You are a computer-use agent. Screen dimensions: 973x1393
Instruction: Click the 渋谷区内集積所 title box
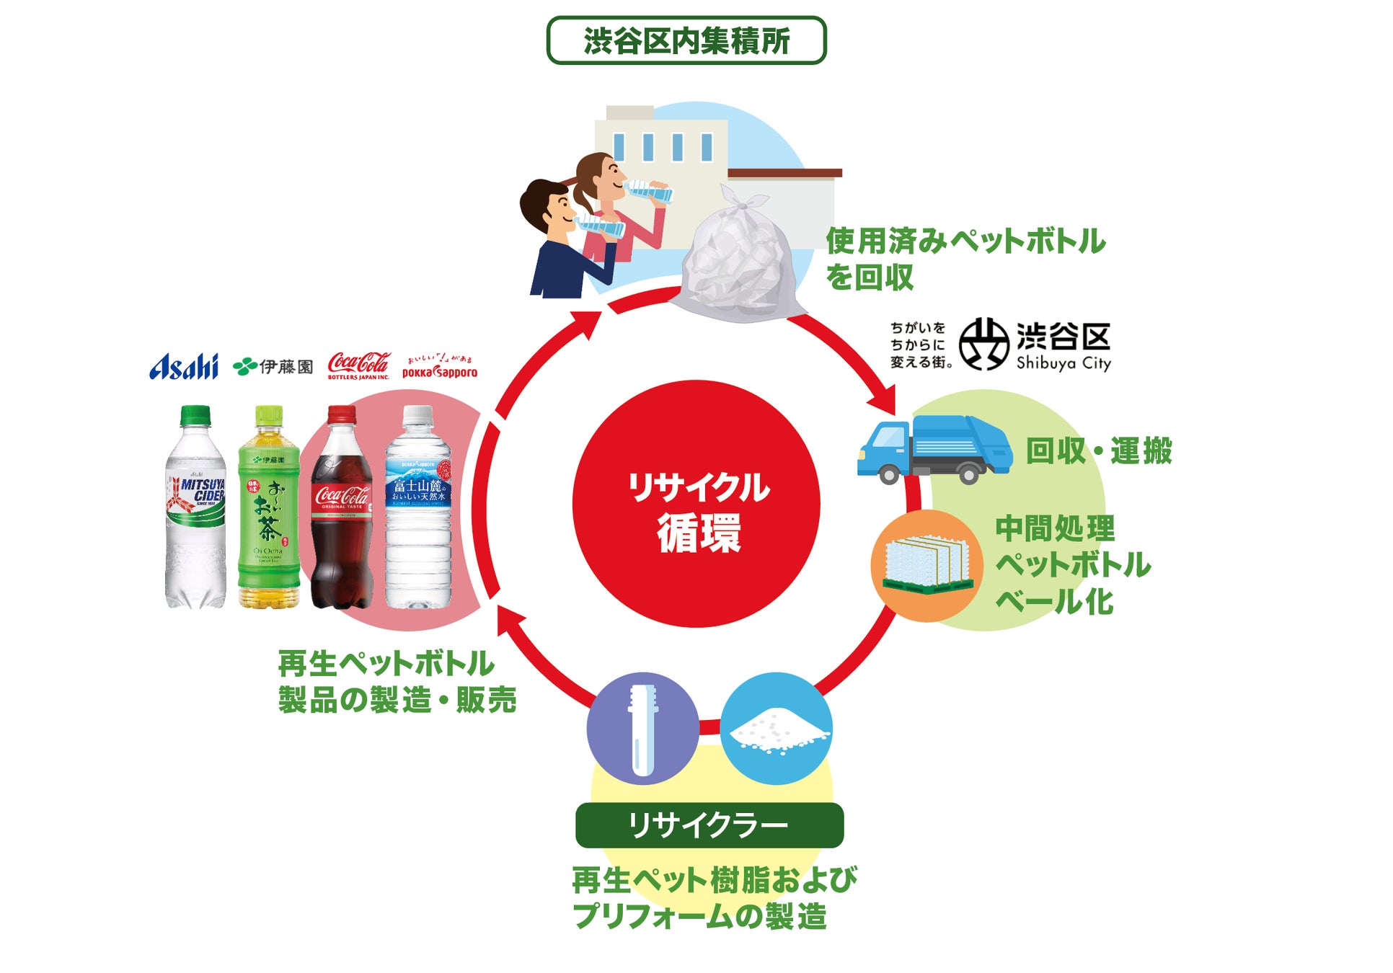(x=686, y=40)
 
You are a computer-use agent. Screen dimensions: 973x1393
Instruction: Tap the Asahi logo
(x=184, y=366)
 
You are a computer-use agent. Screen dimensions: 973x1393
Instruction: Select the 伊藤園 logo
(x=273, y=366)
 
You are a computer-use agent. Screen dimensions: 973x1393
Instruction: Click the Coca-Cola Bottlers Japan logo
(x=358, y=365)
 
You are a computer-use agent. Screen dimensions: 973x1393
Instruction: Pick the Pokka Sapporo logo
(x=439, y=368)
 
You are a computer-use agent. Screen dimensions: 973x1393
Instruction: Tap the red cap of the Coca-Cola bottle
(x=342, y=414)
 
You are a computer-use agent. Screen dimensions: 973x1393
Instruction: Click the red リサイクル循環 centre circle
(x=696, y=504)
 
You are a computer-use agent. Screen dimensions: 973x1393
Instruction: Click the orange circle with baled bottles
(x=927, y=567)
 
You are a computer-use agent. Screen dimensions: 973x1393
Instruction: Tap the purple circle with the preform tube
(x=642, y=728)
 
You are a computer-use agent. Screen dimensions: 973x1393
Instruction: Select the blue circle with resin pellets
(x=777, y=728)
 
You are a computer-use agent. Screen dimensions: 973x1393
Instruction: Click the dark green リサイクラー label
(x=709, y=825)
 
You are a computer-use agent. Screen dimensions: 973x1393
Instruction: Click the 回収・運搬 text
(x=1098, y=451)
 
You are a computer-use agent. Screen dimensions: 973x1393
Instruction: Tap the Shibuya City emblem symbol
(x=983, y=344)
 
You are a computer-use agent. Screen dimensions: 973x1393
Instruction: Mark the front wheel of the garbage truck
(x=890, y=474)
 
